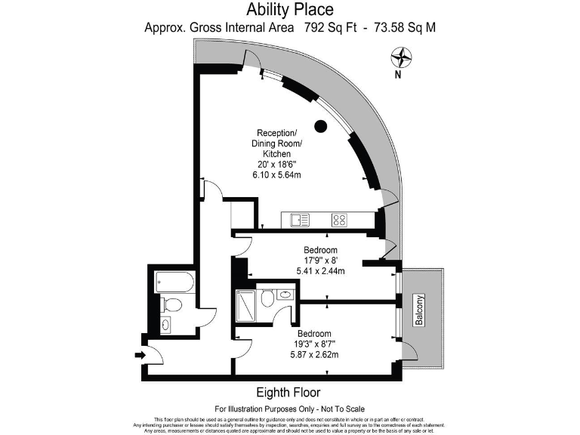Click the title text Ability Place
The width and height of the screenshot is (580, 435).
[x=290, y=10]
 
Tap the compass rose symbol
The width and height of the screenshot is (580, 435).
[x=402, y=57]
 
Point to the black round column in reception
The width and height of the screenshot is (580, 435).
[x=321, y=126]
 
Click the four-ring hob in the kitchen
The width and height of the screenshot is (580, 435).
[x=340, y=220]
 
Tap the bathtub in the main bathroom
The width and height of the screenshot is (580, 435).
[x=174, y=283]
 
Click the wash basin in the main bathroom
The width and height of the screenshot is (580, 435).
[x=166, y=325]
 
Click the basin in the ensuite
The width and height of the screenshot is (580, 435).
[x=285, y=295]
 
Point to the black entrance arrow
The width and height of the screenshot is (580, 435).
[x=141, y=354]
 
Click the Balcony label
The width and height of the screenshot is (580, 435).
[x=419, y=310]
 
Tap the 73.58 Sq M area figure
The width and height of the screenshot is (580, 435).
[x=403, y=28]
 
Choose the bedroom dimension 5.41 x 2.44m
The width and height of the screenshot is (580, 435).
[x=321, y=271]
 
